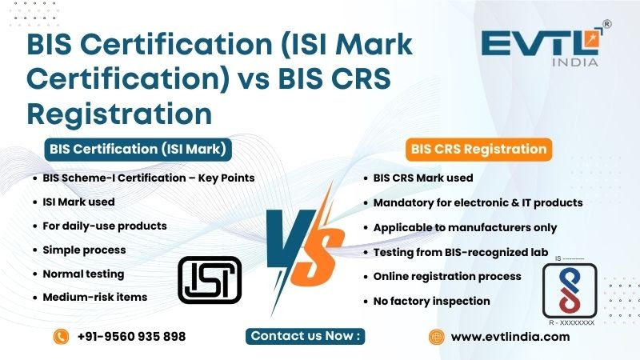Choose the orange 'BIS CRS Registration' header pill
coord(478,149)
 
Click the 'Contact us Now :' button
coord(307,336)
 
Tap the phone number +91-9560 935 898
coord(131,337)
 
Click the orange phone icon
coord(60,337)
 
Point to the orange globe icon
coord(436,337)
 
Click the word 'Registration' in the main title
coord(120,111)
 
